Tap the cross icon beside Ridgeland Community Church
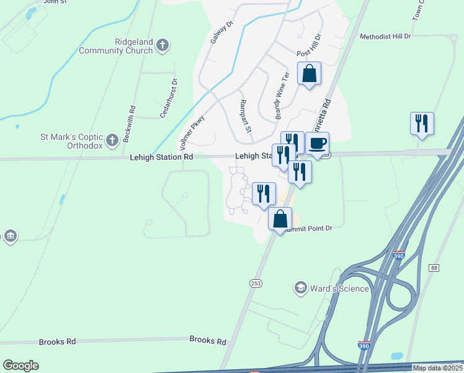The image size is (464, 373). coord(163,45)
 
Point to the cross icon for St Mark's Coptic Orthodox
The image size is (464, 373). coord(112,140)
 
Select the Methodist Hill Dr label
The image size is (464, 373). coord(385,37)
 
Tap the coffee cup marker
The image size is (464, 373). coord(318,144)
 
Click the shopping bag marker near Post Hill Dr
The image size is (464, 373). coord(310,74)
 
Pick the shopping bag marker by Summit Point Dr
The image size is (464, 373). coord(280,219)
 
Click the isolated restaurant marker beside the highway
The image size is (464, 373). coord(422,123)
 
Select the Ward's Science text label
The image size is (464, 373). coord(340,288)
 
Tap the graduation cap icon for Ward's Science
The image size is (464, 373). coord(301,288)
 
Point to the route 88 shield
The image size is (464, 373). coord(434,267)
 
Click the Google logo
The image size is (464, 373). coord(20,366)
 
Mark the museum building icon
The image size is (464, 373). coord(11,236)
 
